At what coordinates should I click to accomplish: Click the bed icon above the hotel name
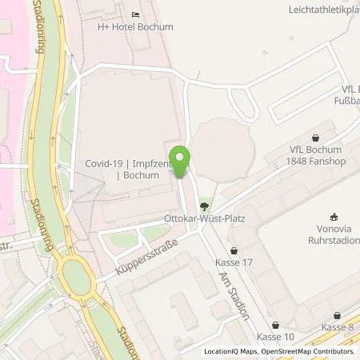[x=135, y=14]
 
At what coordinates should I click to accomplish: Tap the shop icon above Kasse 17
[x=234, y=250]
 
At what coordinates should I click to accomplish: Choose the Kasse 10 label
[x=274, y=337]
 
